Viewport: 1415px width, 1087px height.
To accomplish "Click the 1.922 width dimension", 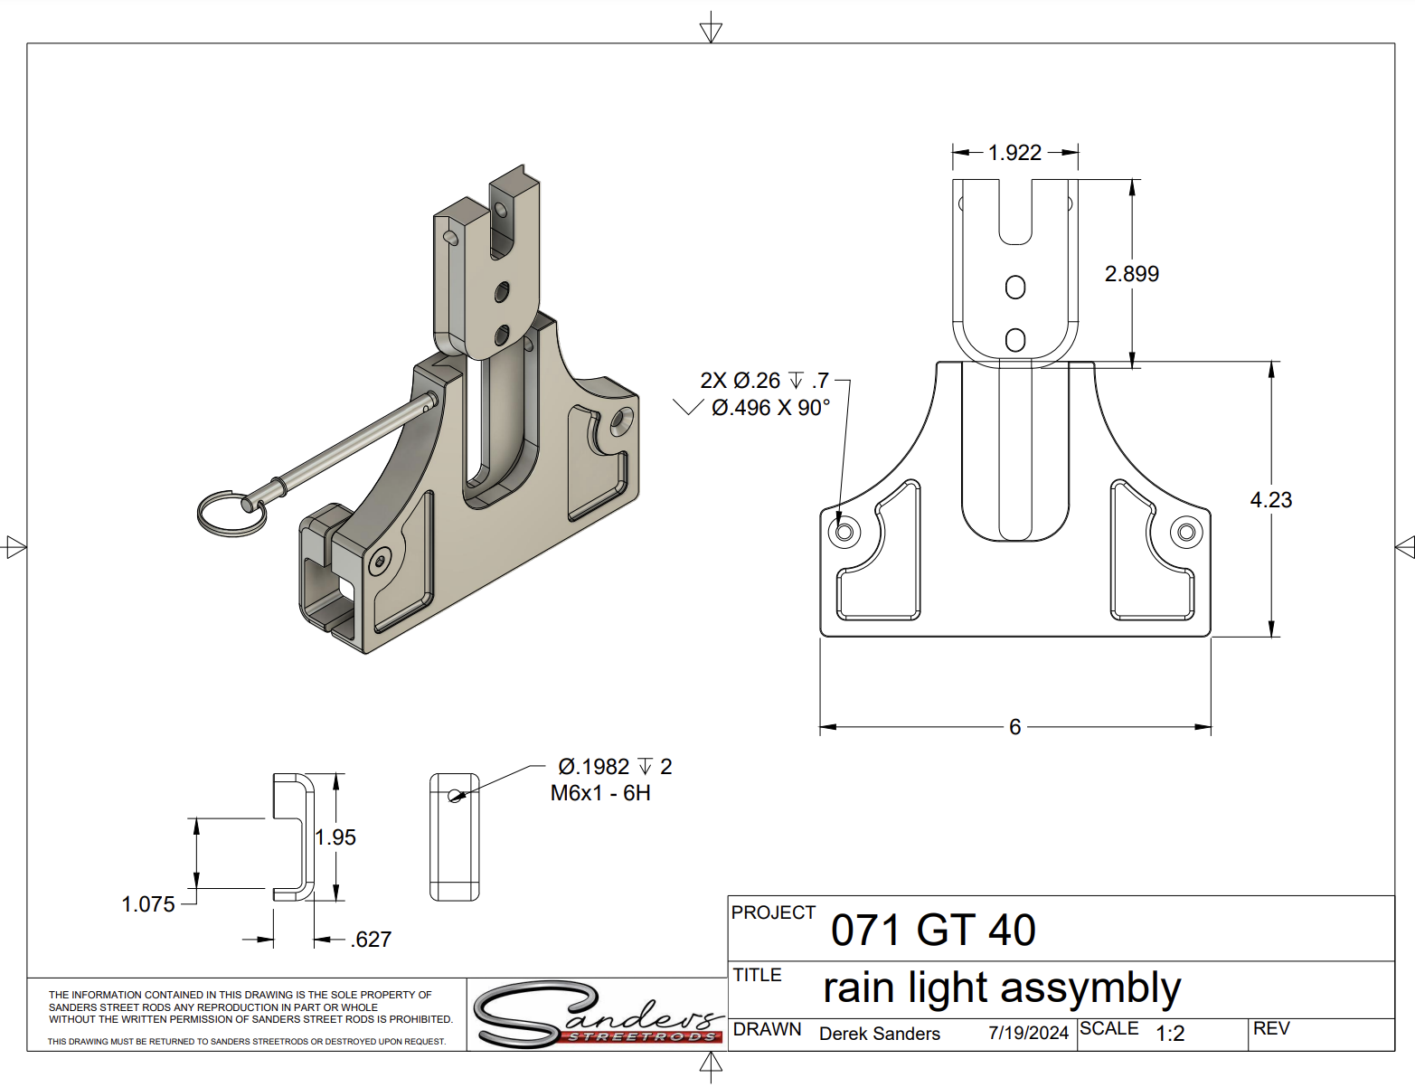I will (x=1014, y=153).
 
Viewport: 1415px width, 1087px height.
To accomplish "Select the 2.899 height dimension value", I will (x=1131, y=274).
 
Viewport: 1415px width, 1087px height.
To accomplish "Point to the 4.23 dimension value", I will (x=1270, y=500).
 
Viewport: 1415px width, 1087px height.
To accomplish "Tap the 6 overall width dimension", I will (x=1014, y=727).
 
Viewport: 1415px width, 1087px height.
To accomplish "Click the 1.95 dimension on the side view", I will (x=335, y=837).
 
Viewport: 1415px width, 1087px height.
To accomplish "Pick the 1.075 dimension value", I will (x=148, y=904).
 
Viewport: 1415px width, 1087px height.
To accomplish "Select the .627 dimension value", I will (x=371, y=940).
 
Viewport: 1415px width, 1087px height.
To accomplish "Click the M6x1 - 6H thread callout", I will (x=600, y=793).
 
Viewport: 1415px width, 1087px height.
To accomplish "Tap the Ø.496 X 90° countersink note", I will (x=770, y=408).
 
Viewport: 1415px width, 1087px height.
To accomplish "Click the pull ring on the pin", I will (x=231, y=514).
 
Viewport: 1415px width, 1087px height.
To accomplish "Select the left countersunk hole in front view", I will (x=844, y=531).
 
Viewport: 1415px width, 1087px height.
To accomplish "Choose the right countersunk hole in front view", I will (x=1186, y=532).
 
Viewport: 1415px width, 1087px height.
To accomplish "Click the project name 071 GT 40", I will (x=933, y=931).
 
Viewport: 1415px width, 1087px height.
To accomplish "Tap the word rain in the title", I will (x=860, y=988).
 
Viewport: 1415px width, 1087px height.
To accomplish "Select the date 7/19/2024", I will (x=1028, y=1033).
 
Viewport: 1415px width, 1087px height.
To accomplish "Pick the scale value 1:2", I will (x=1170, y=1034).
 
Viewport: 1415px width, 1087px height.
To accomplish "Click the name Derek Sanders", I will (x=879, y=1034).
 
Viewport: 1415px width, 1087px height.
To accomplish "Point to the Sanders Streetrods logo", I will (x=598, y=1016).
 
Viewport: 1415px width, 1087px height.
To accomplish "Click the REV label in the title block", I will (x=1270, y=1029).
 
